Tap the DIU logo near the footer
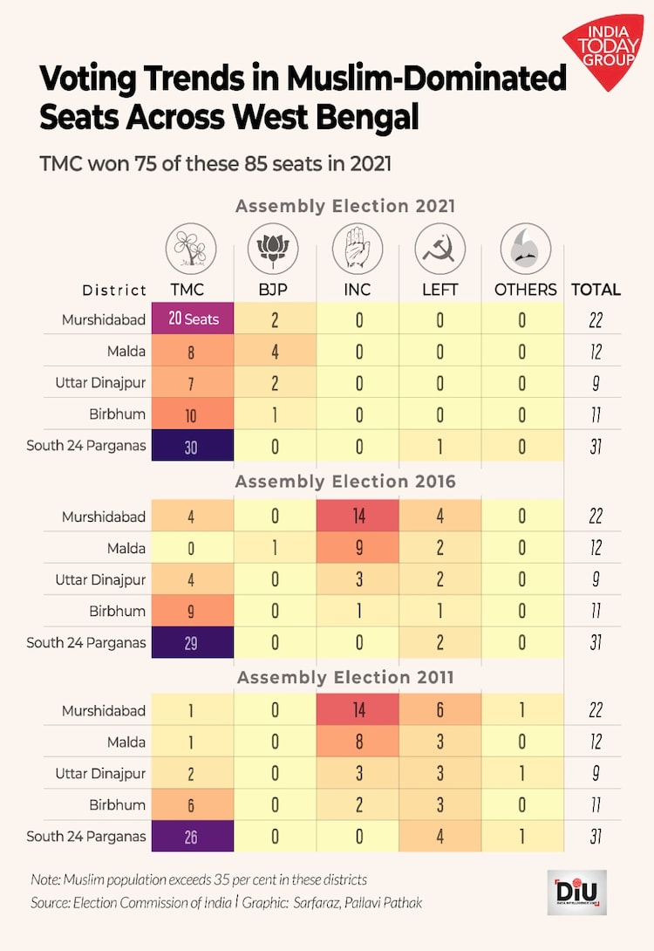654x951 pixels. coord(576,892)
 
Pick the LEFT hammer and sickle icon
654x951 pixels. coord(439,247)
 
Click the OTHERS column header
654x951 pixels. coord(525,290)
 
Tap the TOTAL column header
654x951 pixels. coord(596,290)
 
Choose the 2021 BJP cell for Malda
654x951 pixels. coord(275,352)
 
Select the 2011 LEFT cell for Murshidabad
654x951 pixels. coord(439,710)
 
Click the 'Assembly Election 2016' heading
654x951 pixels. coord(345,482)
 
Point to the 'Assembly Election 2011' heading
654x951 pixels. coord(345,677)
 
